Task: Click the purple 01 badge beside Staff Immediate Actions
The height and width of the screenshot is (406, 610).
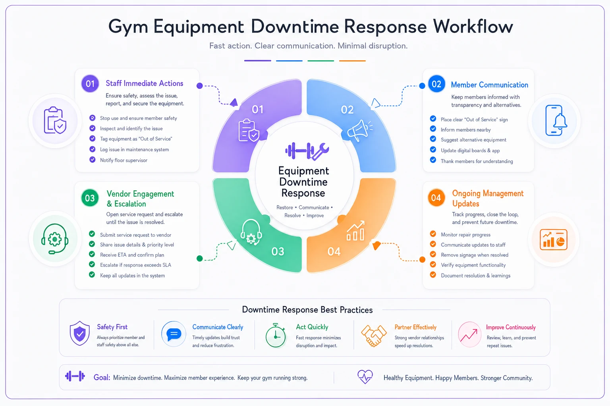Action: click(90, 84)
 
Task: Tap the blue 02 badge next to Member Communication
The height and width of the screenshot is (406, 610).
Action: click(436, 84)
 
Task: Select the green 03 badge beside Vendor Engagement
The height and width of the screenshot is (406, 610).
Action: click(90, 198)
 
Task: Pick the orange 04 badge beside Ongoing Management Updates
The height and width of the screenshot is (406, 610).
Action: click(436, 198)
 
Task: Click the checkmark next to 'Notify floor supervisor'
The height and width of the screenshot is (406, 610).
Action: click(92, 160)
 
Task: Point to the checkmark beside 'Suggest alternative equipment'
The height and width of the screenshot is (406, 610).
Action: click(433, 139)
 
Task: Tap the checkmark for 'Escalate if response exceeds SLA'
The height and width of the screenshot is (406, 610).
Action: click(92, 264)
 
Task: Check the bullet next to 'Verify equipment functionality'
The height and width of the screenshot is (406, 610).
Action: click(433, 264)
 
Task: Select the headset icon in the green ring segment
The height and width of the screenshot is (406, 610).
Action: click(251, 232)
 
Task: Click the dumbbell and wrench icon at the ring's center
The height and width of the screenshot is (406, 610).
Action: click(307, 151)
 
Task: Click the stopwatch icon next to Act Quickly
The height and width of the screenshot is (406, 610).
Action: click(276, 335)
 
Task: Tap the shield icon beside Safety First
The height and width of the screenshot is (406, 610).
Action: click(79, 333)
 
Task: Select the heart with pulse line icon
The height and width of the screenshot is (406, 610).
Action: click(365, 377)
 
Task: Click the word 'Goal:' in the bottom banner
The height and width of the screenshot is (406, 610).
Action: click(102, 377)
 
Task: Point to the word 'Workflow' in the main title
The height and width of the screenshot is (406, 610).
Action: click(473, 27)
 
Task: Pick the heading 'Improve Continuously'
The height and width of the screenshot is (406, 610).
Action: click(511, 327)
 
